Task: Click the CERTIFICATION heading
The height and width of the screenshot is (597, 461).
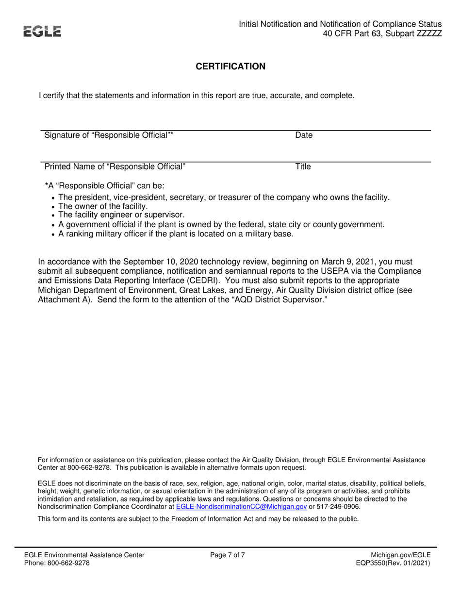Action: [x=230, y=66]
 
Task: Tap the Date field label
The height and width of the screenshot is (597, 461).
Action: [x=303, y=135]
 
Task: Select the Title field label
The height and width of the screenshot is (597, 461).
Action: [x=303, y=167]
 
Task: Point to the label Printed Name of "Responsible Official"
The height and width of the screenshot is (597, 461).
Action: [x=115, y=167]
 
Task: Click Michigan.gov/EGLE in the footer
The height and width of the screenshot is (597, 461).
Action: [x=400, y=555]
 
